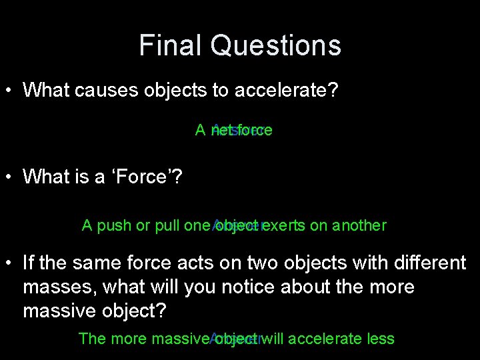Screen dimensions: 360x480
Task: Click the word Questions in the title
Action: point(275,45)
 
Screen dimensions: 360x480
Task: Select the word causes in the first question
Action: point(107,90)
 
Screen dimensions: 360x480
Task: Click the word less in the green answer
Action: point(381,339)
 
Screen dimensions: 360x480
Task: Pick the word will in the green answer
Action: point(274,339)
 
